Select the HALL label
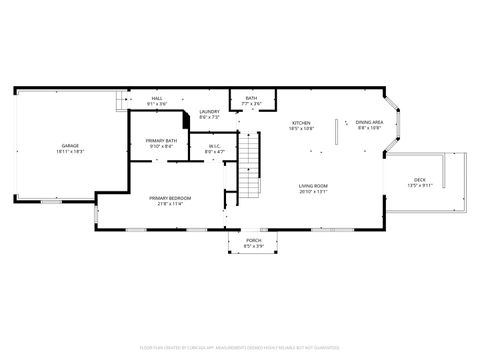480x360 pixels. click(x=157, y=98)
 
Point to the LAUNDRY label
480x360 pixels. click(x=209, y=111)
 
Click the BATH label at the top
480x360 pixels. click(x=251, y=98)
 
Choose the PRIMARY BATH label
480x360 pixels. click(x=162, y=140)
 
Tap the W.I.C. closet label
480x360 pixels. click(x=215, y=146)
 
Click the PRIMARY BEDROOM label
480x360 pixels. click(x=170, y=198)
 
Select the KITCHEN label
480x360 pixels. click(x=301, y=123)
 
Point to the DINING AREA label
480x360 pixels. click(x=369, y=123)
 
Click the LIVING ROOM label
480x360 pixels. click(x=313, y=186)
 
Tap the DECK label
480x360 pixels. click(x=420, y=181)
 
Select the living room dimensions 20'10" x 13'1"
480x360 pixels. click(x=313, y=192)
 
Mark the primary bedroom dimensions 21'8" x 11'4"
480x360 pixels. click(x=170, y=204)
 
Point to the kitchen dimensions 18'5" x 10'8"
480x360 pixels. click(x=301, y=129)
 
